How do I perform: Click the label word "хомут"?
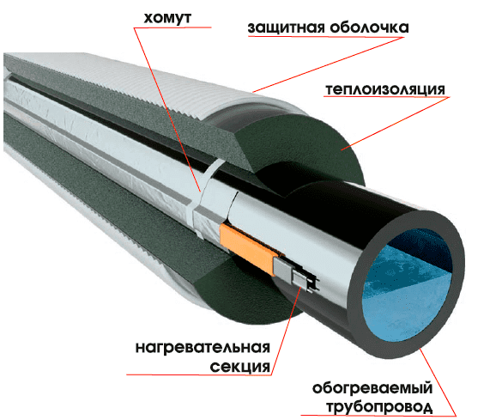[x=167, y=18]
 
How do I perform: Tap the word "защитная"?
[x=287, y=27]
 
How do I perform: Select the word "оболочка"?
[x=370, y=27]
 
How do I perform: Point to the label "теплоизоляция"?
[x=385, y=89]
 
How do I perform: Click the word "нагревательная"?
[x=203, y=347]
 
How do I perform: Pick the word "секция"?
[x=240, y=367]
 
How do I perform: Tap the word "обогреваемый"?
[x=372, y=388]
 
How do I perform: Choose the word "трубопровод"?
[x=379, y=407]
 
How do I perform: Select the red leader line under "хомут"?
[x=167, y=110]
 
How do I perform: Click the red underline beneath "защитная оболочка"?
[x=326, y=37]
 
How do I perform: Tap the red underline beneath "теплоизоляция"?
[x=386, y=97]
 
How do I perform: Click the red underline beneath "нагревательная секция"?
[x=198, y=375]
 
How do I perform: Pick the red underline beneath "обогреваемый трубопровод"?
[x=378, y=415]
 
